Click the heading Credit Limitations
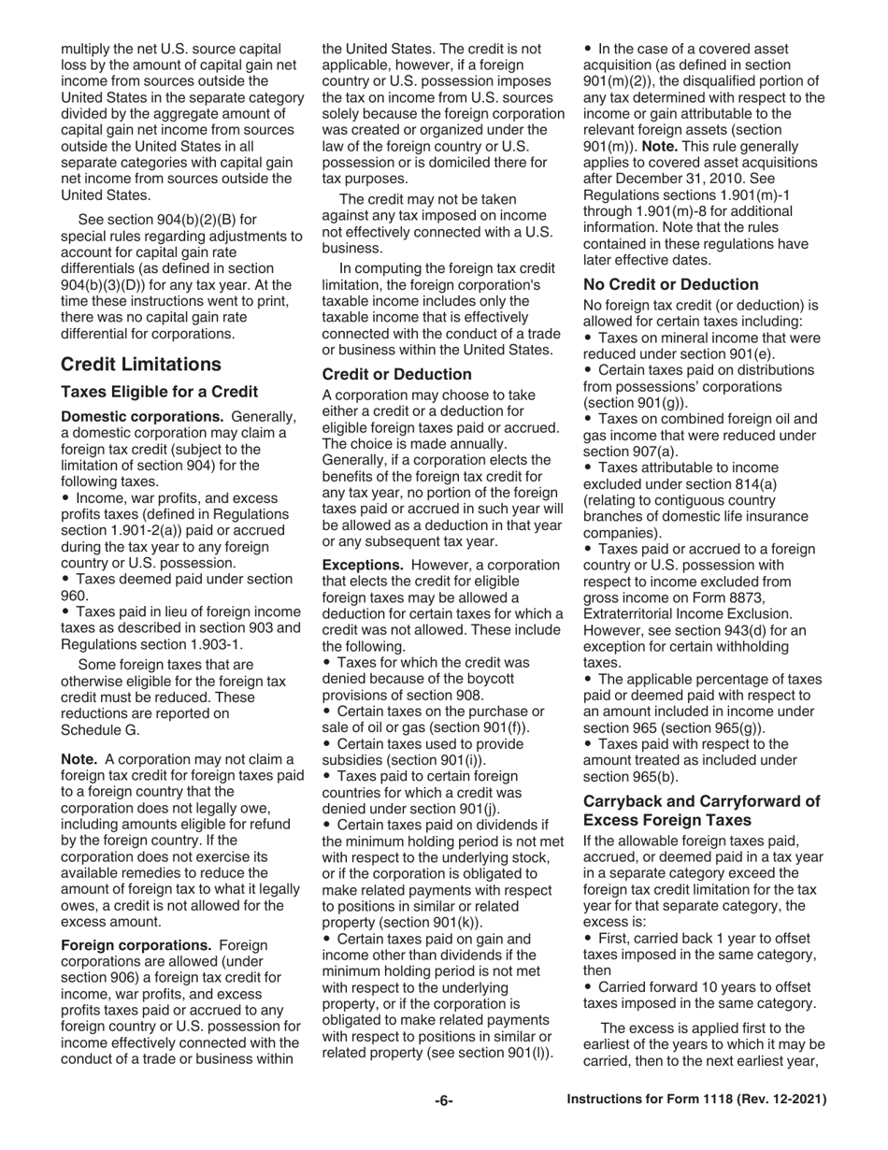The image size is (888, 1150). click(x=141, y=365)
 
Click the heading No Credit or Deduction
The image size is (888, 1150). click(x=670, y=284)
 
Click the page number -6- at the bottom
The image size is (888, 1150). click(x=443, y=1100)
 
